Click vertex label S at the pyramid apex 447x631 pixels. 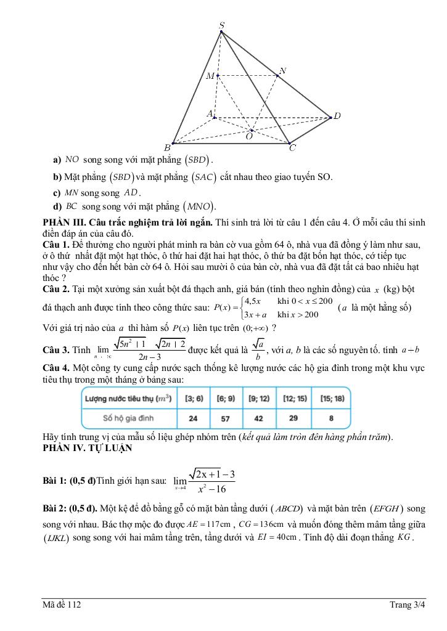click(x=222, y=25)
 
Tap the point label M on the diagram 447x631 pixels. click(x=210, y=76)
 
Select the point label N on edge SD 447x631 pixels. click(x=282, y=71)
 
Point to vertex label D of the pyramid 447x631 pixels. click(x=337, y=116)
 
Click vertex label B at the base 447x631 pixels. click(x=166, y=147)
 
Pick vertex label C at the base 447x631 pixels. click(x=292, y=148)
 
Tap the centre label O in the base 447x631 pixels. click(x=248, y=137)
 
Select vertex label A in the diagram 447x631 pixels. click(x=209, y=114)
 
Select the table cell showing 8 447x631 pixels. click(x=332, y=418)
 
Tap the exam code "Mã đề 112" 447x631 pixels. click(x=62, y=605)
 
